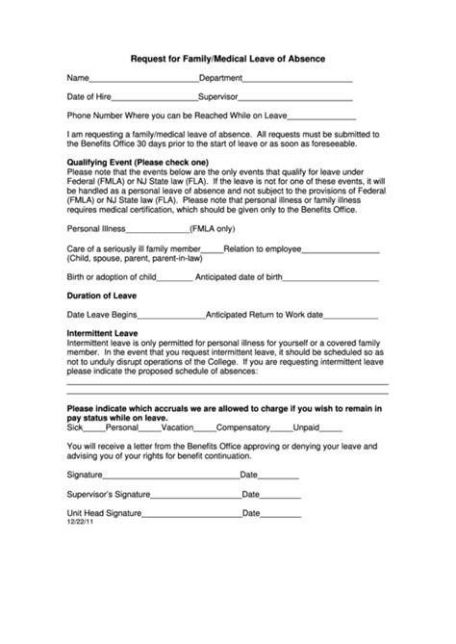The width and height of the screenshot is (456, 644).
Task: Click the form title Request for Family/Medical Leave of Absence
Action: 228,58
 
